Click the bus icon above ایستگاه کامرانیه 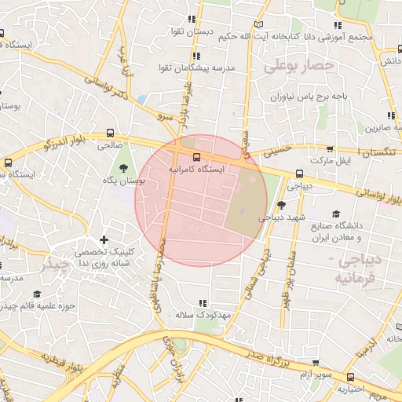[x=196, y=156]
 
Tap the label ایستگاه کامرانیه [x=196, y=169]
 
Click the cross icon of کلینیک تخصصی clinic [x=104, y=239]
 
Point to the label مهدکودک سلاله [x=201, y=315]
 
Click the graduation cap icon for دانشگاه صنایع [x=336, y=214]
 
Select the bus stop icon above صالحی [x=109, y=133]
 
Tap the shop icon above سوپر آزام [x=316, y=364]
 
